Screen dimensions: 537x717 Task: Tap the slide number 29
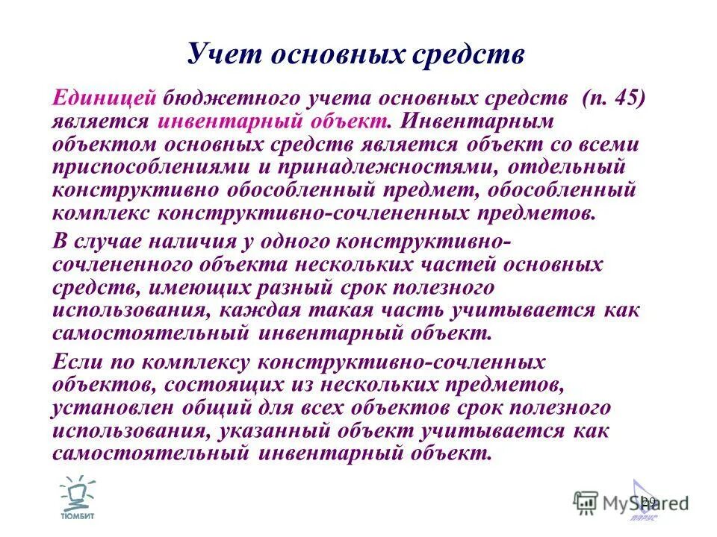pyautogui.click(x=648, y=500)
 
